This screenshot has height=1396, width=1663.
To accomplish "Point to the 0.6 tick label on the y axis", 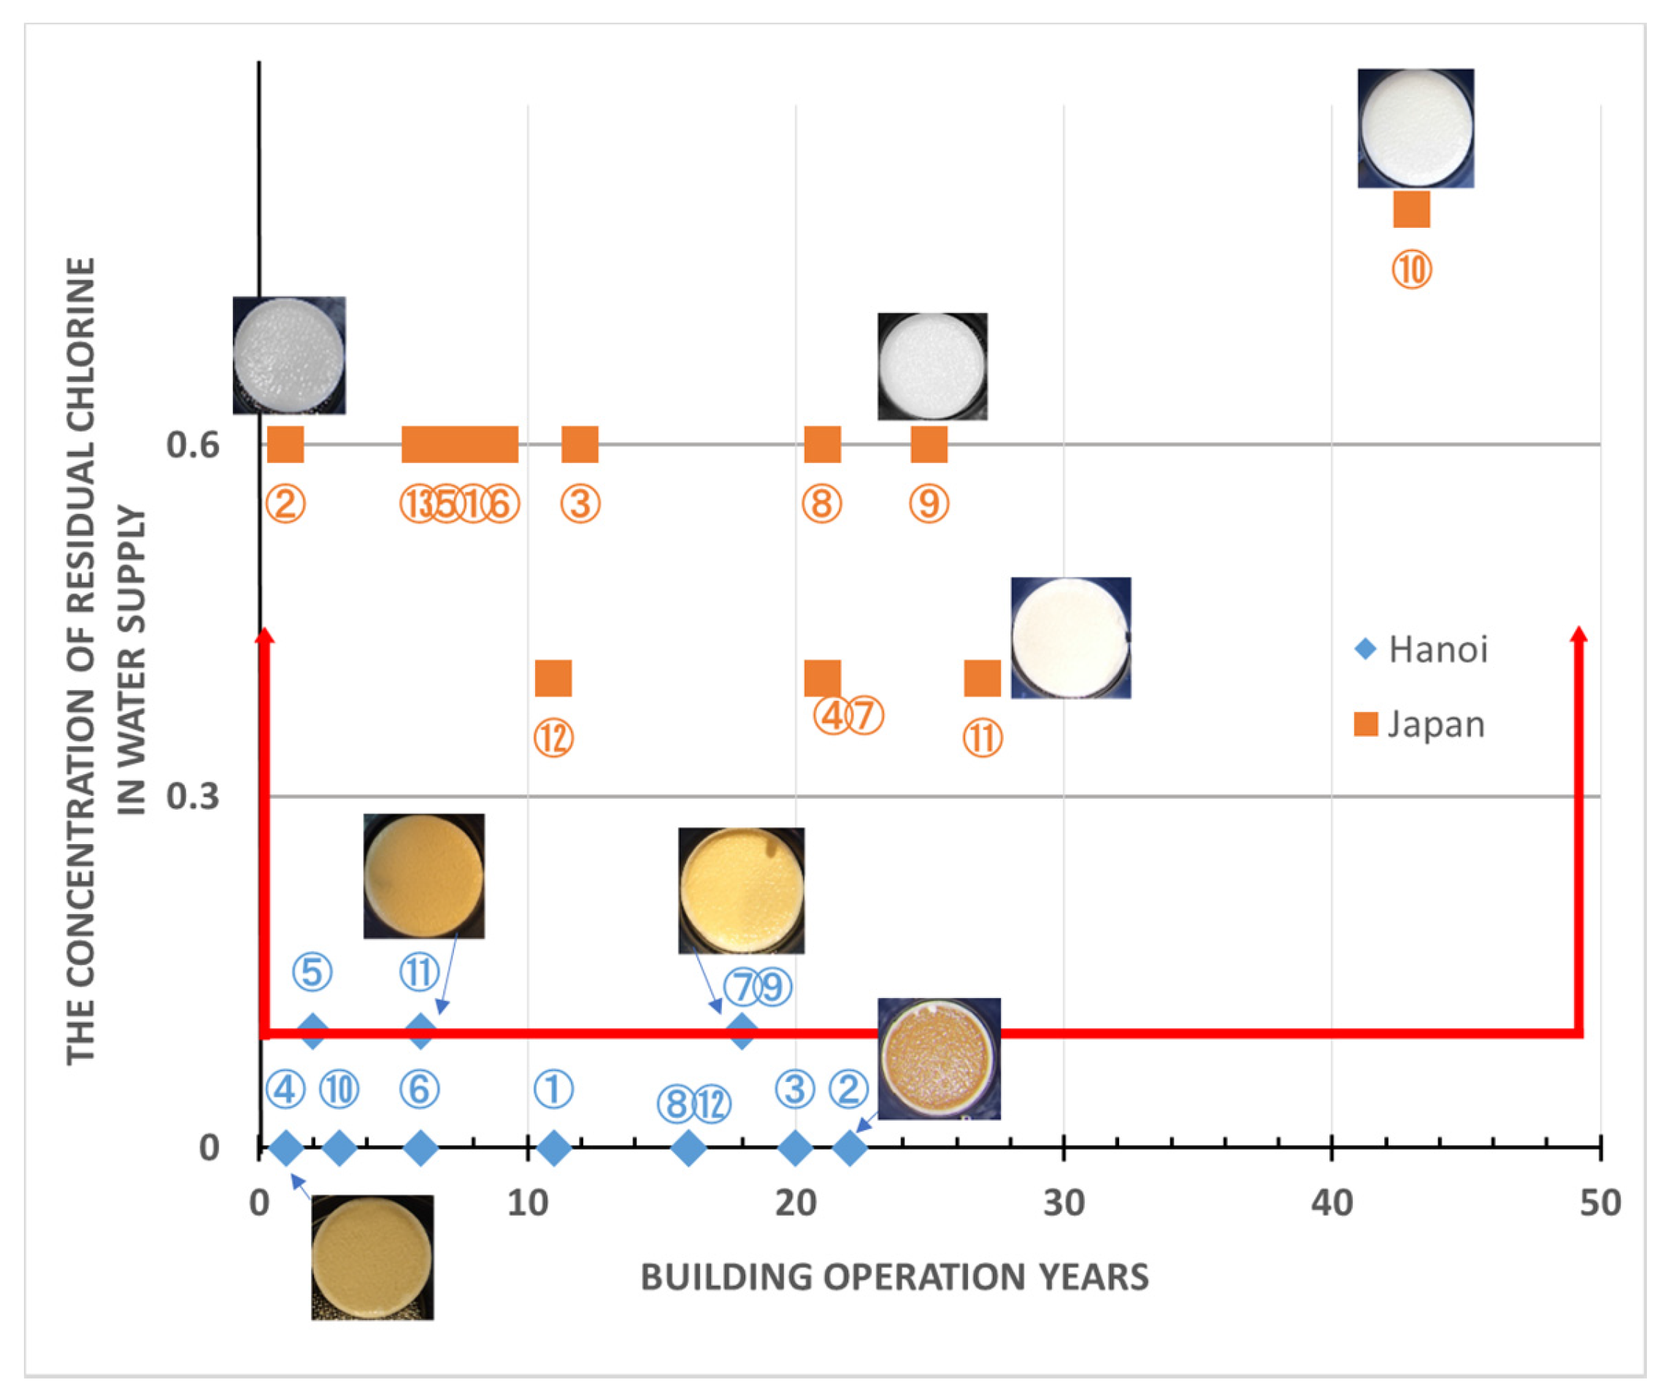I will [x=193, y=445].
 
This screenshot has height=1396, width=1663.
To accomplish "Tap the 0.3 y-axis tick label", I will [x=193, y=796].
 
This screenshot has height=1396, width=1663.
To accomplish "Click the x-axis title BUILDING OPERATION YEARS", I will [x=894, y=1276].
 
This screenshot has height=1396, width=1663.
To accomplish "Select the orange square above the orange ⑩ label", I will [x=1411, y=210].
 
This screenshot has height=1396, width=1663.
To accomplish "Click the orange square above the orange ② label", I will [x=285, y=444].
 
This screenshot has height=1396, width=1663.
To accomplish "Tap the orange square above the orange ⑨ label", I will [x=929, y=444].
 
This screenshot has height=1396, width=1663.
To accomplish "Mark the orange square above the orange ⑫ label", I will [x=553, y=678].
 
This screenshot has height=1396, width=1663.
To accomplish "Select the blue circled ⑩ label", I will [x=339, y=1089].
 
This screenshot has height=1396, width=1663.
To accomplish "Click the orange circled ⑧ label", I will [x=821, y=504].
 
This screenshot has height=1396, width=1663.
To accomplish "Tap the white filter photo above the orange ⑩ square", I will [x=1415, y=129].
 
